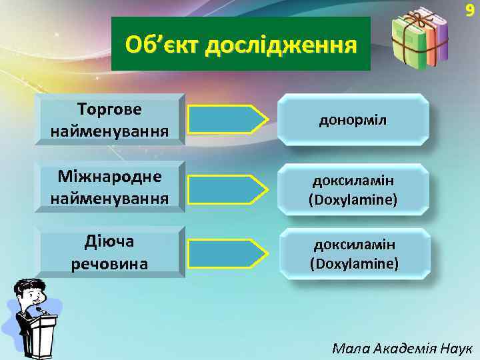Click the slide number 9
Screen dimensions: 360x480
(x=469, y=11)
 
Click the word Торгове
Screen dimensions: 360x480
(x=109, y=108)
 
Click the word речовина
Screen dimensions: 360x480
(x=109, y=263)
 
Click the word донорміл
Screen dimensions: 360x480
(x=353, y=121)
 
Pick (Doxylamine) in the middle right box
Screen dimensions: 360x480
(x=353, y=199)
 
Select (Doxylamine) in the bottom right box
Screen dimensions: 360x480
(x=354, y=263)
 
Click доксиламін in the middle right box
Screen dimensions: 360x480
(x=353, y=181)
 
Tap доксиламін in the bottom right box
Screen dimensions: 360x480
(x=354, y=245)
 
